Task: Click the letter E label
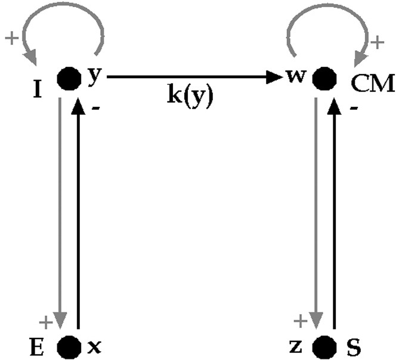point(44,346)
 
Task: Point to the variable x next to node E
point(92,346)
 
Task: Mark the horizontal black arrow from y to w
point(191,77)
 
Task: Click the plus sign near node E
point(45,322)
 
